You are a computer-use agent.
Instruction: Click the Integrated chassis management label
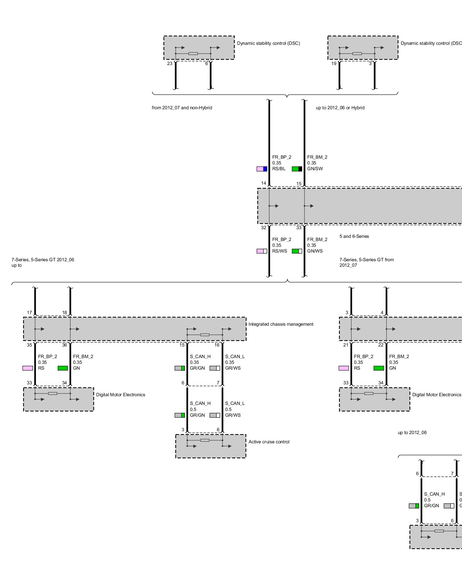281,324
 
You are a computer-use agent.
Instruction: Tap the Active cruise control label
269,442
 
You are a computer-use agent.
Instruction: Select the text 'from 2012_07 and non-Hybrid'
182,108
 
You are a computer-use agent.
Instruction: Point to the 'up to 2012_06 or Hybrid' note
340,108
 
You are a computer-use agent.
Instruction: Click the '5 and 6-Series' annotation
354,236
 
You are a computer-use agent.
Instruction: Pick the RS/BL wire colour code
279,169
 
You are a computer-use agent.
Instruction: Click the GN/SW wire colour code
315,169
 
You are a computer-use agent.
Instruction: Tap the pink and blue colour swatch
262,169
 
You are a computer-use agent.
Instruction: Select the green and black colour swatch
297,169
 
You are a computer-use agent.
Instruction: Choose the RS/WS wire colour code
280,251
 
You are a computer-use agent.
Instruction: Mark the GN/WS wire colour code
315,251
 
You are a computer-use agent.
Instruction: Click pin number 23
170,64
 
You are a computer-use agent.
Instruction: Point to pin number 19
334,64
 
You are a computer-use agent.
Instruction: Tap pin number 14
264,183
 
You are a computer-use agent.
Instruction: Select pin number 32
264,228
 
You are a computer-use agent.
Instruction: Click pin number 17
29,313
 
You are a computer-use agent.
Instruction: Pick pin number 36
64,345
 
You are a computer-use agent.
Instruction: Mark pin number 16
217,345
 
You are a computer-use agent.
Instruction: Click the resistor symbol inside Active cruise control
205,440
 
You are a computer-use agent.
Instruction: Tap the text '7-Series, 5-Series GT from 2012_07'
366,262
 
